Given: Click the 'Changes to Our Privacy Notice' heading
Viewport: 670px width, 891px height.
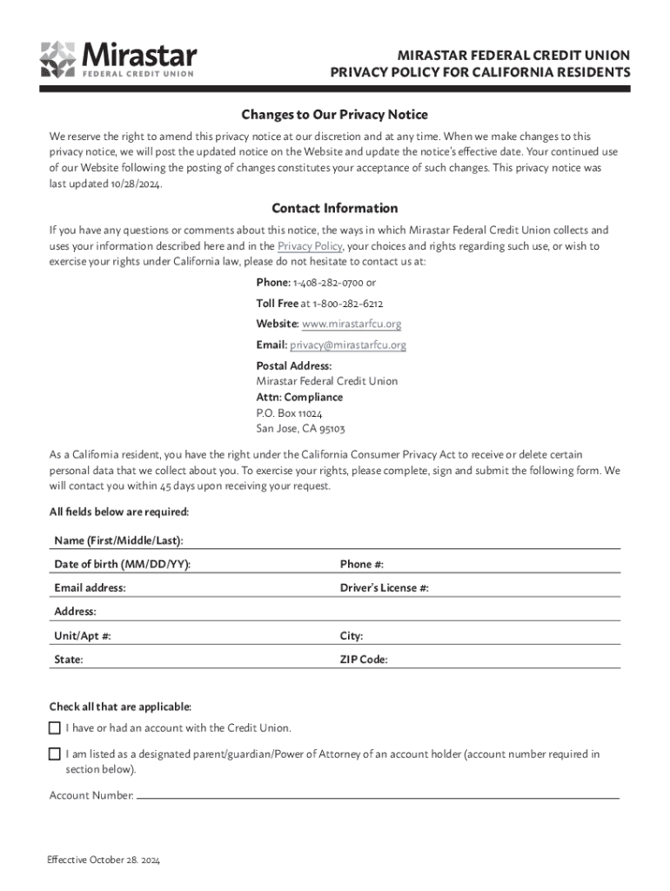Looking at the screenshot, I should coord(334,115).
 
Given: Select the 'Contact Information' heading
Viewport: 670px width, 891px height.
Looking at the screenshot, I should coord(334,208).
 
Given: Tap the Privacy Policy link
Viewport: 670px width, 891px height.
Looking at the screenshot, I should coord(309,246).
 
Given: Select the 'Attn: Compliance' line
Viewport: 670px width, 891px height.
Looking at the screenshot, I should coord(299,397).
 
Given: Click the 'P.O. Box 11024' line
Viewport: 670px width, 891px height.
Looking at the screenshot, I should coord(289,413).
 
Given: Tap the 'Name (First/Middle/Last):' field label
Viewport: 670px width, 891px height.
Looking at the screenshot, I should coord(118,540).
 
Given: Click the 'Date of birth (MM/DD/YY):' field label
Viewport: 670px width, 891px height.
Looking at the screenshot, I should coord(122,564).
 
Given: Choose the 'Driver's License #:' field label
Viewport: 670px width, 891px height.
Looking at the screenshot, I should coord(384,588).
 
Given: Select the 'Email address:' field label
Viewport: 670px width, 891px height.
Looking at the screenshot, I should coord(90,588).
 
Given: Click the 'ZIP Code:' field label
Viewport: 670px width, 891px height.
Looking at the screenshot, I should coord(364,660).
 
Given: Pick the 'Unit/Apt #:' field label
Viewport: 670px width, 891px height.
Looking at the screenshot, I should coord(83,636).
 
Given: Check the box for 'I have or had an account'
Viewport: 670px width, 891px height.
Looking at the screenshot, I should coord(55,727).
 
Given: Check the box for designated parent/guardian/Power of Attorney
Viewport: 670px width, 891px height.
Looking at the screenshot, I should coord(55,754).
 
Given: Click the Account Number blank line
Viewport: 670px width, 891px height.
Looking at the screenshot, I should coord(378,796).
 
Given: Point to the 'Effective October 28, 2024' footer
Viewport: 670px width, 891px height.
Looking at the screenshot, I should coord(104,861).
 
